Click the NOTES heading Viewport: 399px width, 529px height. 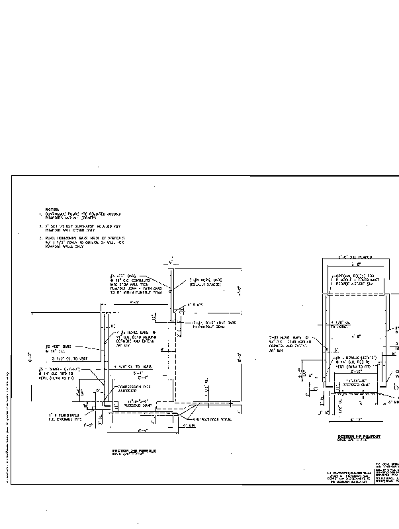[52, 209]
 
